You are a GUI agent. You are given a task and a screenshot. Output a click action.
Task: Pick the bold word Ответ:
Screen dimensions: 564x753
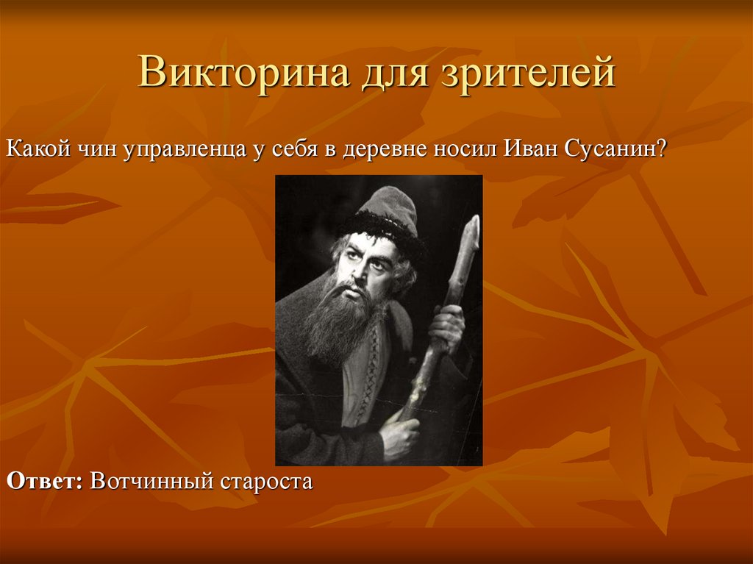pyautogui.click(x=45, y=482)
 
